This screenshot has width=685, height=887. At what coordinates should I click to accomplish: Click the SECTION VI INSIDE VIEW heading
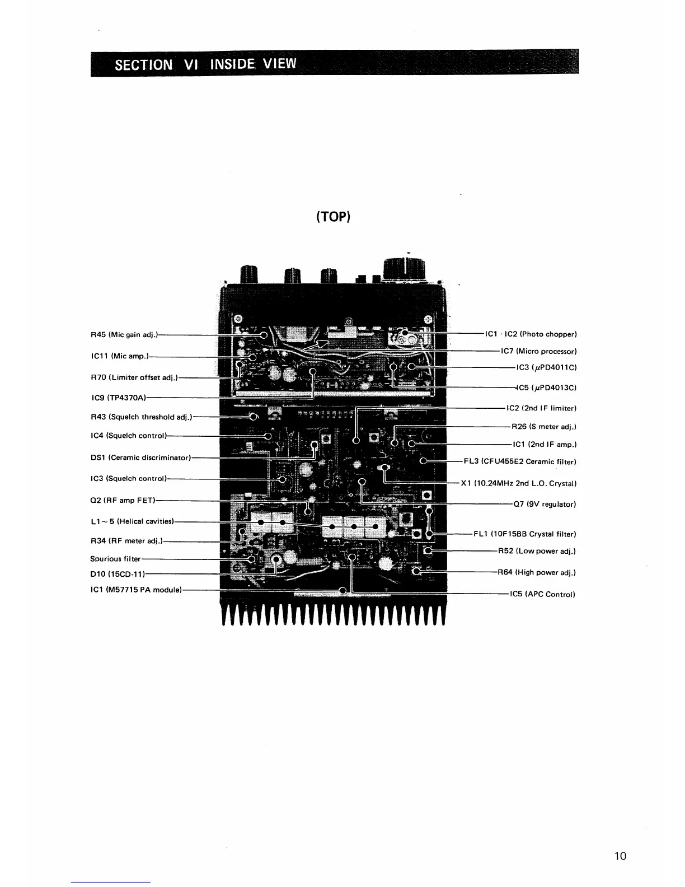[205, 63]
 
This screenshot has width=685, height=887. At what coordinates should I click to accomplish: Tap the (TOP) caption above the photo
[332, 217]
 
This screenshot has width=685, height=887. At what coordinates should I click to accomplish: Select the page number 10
[620, 856]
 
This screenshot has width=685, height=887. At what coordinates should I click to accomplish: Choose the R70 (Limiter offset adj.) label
[134, 377]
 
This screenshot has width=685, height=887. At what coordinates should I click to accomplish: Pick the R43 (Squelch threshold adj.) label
[141, 417]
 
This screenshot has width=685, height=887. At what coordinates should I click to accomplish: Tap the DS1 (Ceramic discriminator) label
[140, 457]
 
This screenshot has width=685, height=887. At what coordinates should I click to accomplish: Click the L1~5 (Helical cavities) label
[132, 521]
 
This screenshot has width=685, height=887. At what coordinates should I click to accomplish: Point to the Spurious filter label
[115, 559]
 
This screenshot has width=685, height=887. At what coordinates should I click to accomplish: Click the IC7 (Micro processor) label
[538, 352]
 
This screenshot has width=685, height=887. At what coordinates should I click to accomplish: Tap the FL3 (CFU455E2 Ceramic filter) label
[520, 462]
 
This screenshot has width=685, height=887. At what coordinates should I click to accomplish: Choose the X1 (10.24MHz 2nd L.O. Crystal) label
[518, 483]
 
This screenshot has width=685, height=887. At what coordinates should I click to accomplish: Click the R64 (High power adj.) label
[537, 573]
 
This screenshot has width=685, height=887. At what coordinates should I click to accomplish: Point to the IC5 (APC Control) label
[542, 594]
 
